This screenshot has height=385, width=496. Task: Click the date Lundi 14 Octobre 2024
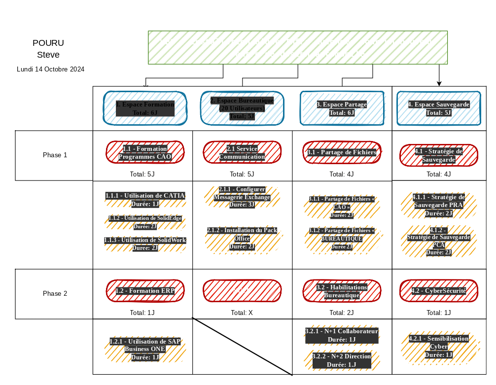tap(50, 70)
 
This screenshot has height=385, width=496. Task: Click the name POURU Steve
tap(48, 49)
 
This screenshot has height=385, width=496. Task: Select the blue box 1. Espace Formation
tap(145, 108)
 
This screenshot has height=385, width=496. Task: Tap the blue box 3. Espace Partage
tap(342, 108)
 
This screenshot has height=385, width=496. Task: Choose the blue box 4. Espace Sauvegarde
tap(438, 108)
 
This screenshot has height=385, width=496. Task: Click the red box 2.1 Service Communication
tap(242, 152)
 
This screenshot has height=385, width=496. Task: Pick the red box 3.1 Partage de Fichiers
tap(342, 152)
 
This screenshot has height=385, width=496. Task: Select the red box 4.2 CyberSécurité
tap(438, 291)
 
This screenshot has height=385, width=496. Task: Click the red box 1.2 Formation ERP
tap(145, 291)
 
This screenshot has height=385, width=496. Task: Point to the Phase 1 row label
tap(55, 155)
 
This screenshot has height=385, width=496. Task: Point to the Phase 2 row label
tap(55, 294)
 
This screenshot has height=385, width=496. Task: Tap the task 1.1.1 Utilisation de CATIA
tap(145, 200)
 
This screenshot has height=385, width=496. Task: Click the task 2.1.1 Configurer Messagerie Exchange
tap(242, 197)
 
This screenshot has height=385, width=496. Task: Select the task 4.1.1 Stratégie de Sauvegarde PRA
tap(438, 205)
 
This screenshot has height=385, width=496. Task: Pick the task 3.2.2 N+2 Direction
tap(341, 360)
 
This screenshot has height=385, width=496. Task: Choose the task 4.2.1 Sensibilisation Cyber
tap(438, 347)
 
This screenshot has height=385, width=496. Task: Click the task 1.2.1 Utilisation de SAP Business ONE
tap(145, 349)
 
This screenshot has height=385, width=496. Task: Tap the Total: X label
tap(242, 313)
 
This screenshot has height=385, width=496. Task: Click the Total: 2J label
tap(342, 313)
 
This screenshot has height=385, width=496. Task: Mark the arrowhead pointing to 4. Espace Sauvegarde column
tap(439, 83)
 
